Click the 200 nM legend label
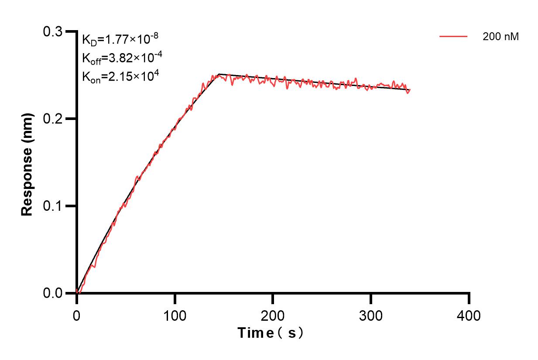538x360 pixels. [x=500, y=37]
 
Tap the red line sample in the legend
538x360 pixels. [x=453, y=37]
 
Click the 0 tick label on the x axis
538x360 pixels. [x=77, y=315]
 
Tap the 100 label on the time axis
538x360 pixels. [x=175, y=315]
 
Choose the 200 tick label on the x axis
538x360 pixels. [x=273, y=315]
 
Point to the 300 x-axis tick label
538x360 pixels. [x=371, y=315]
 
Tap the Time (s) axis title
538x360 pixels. [x=271, y=333]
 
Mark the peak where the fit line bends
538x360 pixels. [x=219, y=74]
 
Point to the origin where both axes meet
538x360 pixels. [x=77, y=293]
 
